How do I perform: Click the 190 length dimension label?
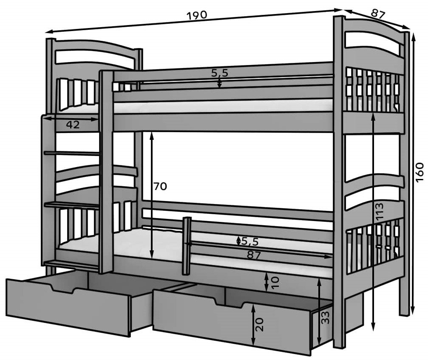pos(196,15)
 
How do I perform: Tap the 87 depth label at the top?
pos(377,14)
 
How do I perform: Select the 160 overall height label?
pos(419,172)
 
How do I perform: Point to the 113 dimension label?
pos(380,211)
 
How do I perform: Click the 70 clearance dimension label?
pos(160,186)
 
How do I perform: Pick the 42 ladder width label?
pos(73,125)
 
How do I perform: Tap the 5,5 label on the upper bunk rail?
pos(220,73)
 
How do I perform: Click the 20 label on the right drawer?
pos(260,324)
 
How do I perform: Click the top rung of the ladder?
pos(71,153)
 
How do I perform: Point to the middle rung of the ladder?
pos(71,205)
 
